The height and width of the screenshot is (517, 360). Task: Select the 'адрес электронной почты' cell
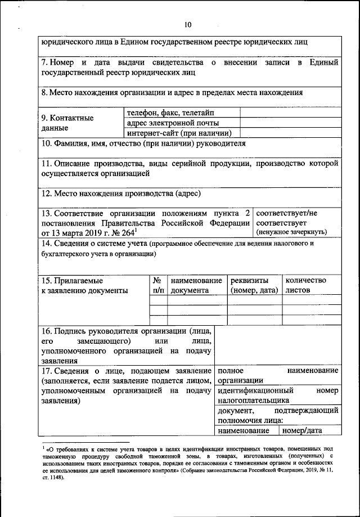coord(173,123)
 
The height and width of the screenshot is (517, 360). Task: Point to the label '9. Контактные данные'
coord(67,123)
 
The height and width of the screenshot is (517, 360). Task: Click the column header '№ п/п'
coord(159,285)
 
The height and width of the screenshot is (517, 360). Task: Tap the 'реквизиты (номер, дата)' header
coord(254,285)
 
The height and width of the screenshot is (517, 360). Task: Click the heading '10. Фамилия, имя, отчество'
coord(144,143)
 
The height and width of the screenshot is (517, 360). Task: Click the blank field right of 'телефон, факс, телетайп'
coord(291,113)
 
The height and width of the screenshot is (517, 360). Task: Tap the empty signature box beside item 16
coord(278,344)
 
